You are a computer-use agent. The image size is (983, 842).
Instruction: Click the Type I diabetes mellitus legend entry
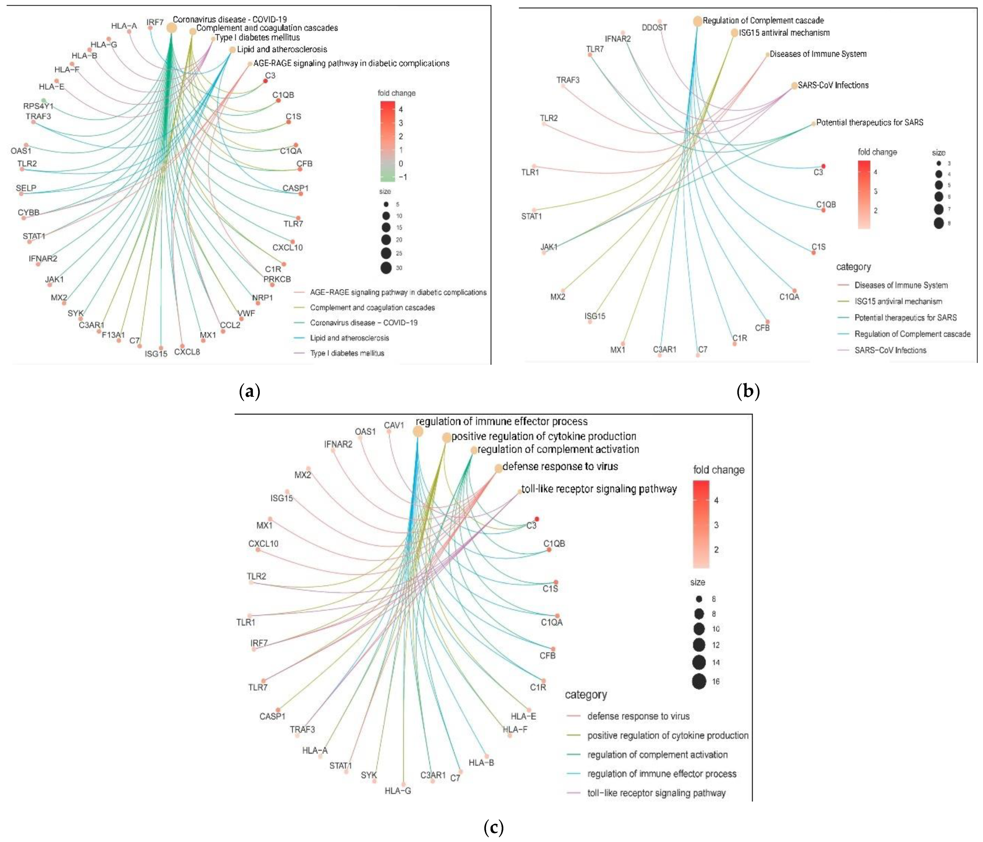coord(347,353)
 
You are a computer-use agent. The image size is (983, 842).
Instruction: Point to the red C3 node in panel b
coord(824,166)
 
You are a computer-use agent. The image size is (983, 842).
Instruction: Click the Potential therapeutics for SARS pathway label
coord(870,122)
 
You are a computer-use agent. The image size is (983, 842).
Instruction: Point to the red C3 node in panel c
coord(537,519)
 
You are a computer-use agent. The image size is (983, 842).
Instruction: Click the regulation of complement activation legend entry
coord(657,754)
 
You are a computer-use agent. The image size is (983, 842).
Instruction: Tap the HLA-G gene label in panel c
coord(398,791)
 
